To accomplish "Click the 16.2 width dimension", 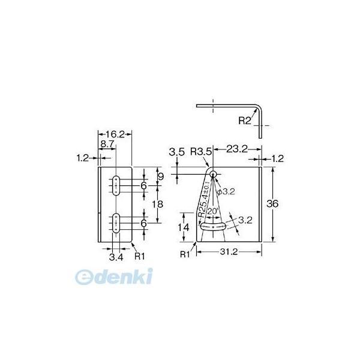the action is tap(115, 134).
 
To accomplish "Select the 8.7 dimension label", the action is tap(107, 144).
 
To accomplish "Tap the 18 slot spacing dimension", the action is tap(158, 204).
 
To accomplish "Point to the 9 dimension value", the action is tap(161, 177).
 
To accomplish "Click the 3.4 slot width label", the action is tap(116, 257).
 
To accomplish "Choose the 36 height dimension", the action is tap(272, 203).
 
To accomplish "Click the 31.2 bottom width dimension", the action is tap(229, 252).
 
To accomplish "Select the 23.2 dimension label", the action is tap(237, 149).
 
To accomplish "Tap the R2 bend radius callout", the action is tap(245, 121).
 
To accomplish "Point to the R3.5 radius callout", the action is tap(201, 152).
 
